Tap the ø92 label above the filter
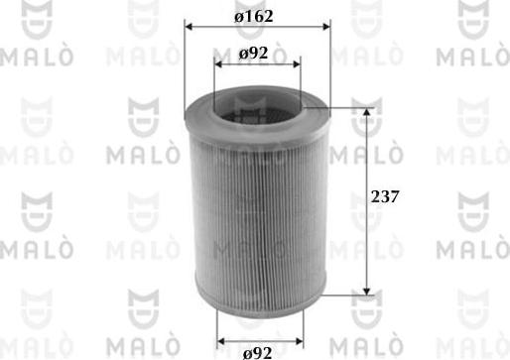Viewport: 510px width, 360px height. point(254,54)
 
